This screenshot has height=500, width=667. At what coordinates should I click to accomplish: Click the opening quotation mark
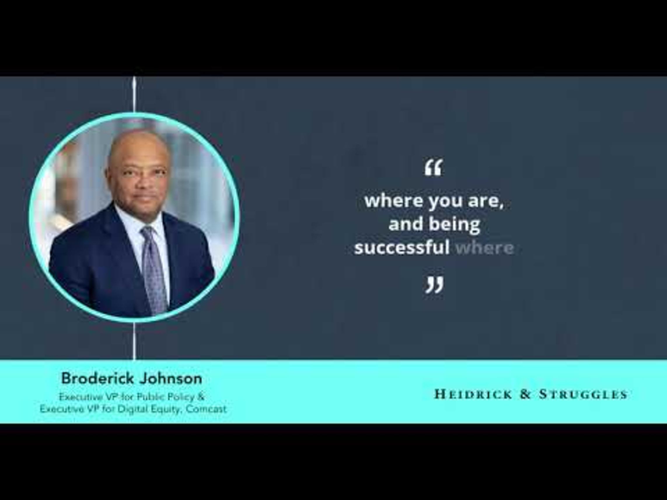point(434,168)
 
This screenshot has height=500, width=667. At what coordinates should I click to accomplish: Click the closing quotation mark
point(434,285)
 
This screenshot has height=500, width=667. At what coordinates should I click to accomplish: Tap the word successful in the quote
point(402,248)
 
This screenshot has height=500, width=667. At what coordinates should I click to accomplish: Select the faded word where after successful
point(485,248)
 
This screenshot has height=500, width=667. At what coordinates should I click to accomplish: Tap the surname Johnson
point(171,378)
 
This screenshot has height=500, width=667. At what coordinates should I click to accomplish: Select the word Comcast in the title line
point(206,409)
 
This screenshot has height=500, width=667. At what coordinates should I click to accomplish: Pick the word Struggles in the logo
point(583,394)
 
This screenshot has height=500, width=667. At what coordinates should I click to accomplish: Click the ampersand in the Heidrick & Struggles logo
point(525,394)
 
